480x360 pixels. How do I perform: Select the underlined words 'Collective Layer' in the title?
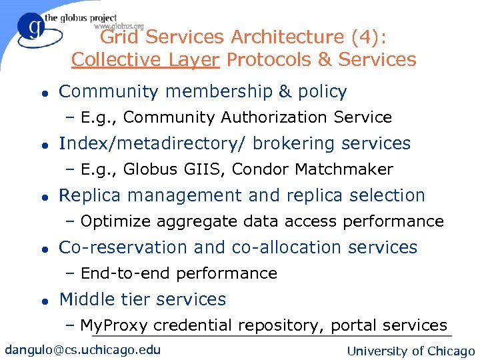145,60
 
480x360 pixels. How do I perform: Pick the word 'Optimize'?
112,221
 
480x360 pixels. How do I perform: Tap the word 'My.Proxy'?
113,326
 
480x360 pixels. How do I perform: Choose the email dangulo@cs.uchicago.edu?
83,350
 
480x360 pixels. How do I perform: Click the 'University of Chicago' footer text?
411,351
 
